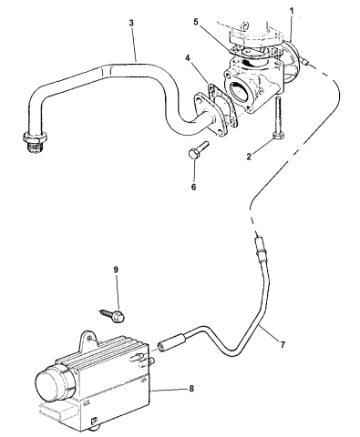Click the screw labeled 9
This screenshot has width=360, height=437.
[119, 313]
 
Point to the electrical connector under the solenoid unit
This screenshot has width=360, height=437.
[91, 420]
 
